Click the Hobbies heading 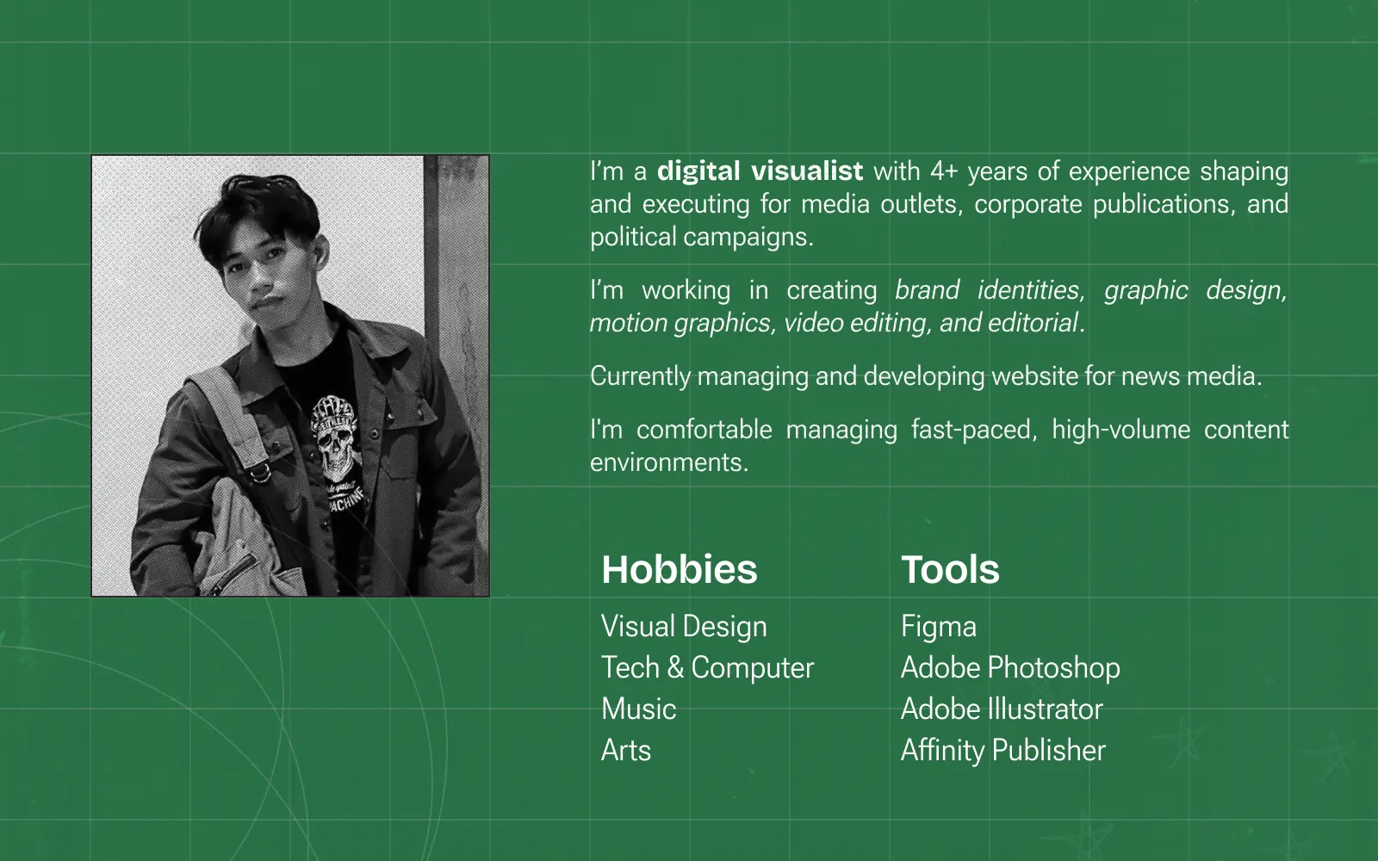680,569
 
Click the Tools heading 950,569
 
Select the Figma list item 939,627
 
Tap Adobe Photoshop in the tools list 1010,668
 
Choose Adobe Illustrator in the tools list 1002,709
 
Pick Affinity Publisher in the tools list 1002,750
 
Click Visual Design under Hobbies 684,627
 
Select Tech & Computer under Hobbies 707,668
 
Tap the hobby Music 638,709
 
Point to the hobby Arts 625,750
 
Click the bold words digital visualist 760,171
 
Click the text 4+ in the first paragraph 944,171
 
